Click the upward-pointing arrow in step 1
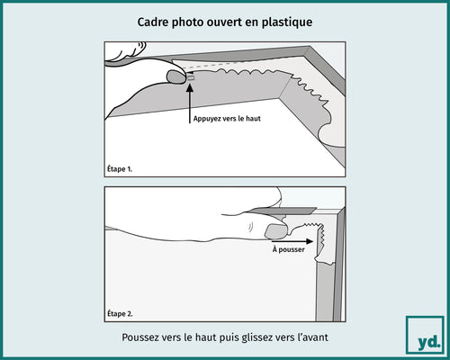coord(190,99)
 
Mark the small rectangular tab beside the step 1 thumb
coord(191,78)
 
